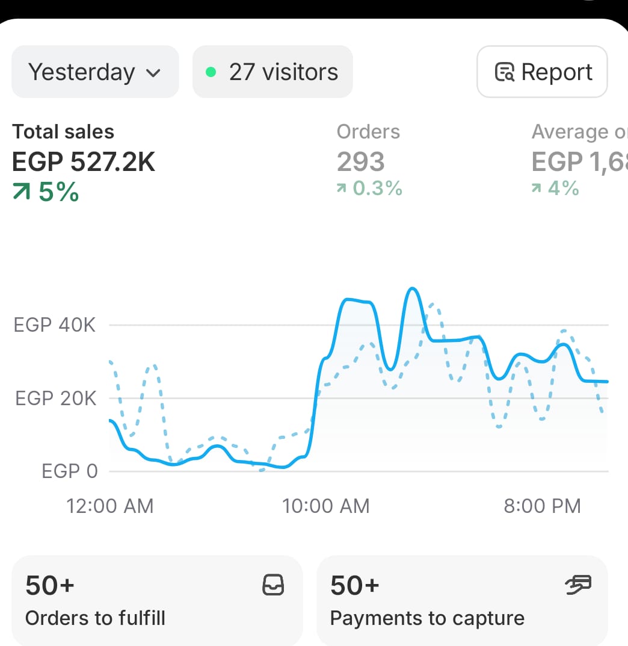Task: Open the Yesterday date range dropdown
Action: (95, 72)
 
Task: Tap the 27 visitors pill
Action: (272, 72)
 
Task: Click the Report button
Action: (542, 72)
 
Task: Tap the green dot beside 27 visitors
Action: (211, 72)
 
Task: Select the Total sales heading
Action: (63, 132)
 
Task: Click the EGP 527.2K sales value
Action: (84, 161)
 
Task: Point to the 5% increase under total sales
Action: (46, 192)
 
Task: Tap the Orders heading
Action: (368, 132)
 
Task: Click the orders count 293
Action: (360, 161)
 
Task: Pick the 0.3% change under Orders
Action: (369, 188)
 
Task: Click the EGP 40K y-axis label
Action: (55, 325)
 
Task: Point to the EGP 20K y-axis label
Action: (55, 398)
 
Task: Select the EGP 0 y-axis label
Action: (70, 471)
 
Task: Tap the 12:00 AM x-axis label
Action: (110, 506)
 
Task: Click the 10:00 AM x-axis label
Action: (326, 506)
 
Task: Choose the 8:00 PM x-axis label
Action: (543, 506)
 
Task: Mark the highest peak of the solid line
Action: (412, 289)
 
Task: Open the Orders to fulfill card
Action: (156, 601)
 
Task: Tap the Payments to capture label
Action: (427, 618)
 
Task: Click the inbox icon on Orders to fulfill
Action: (274, 585)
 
